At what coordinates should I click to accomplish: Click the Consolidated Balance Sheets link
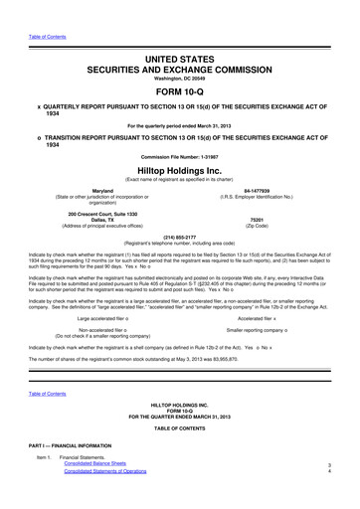click(x=99, y=490)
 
